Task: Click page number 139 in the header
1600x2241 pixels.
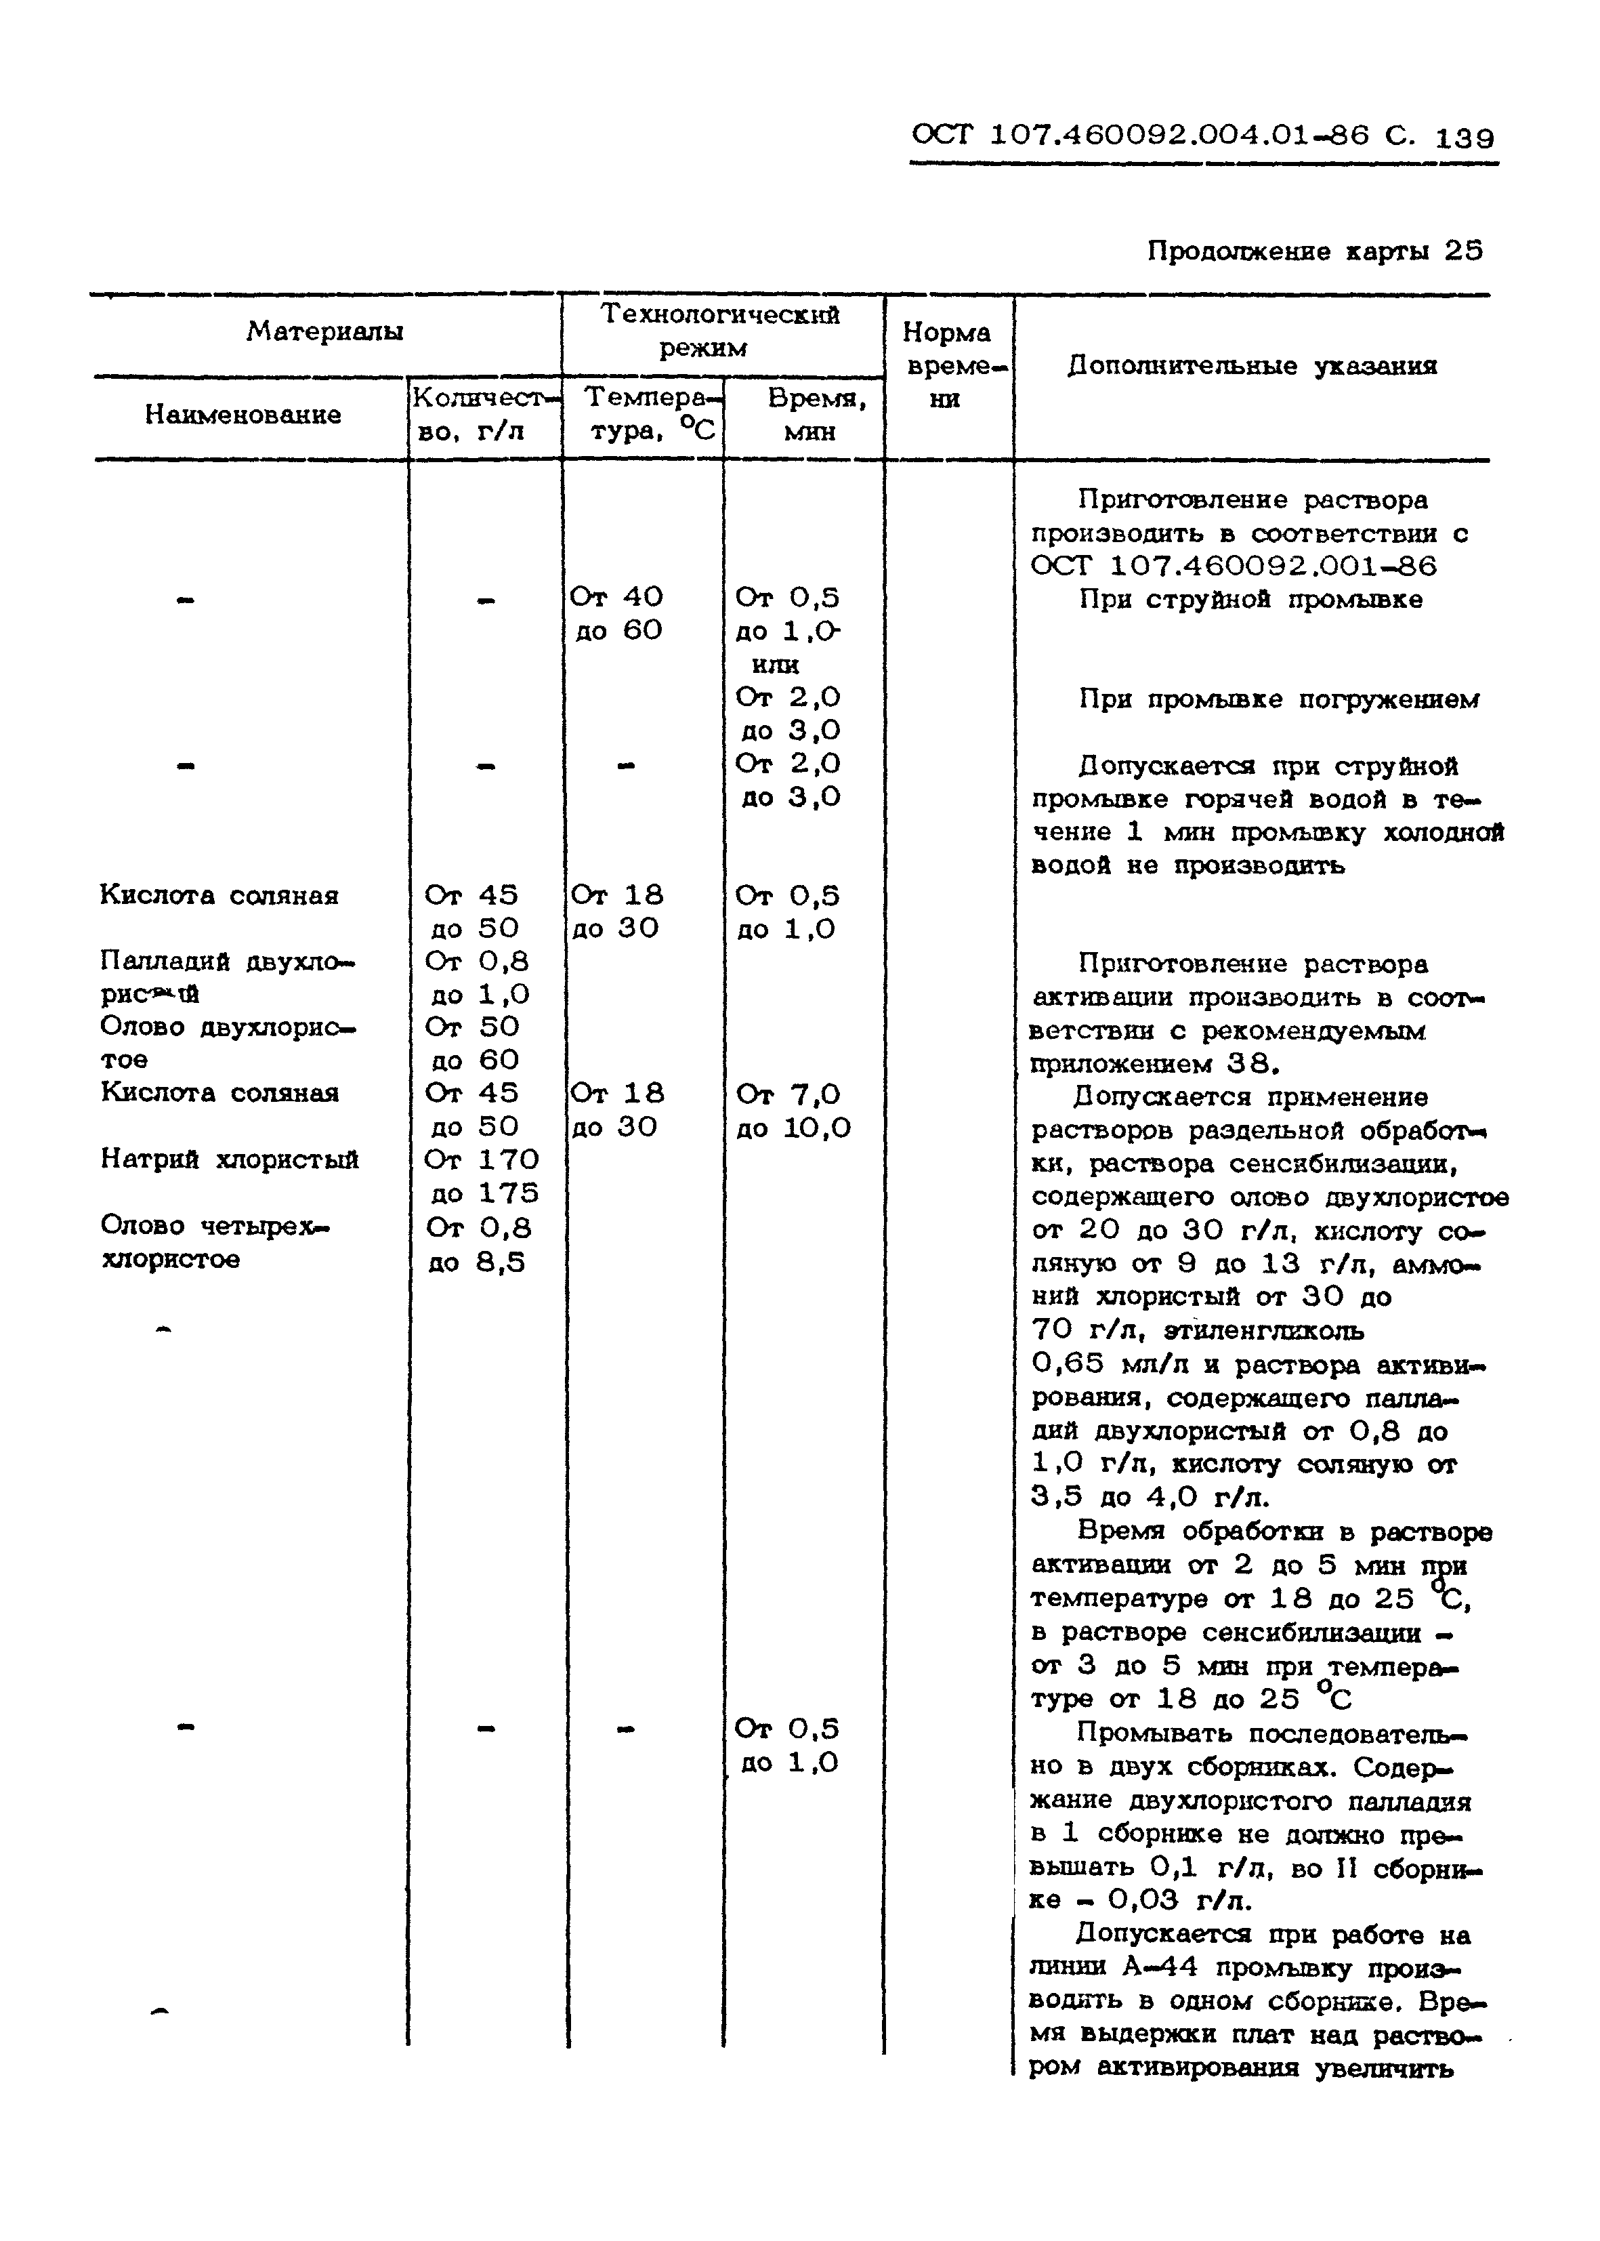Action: click(1465, 139)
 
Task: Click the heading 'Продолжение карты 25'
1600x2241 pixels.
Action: click(1314, 251)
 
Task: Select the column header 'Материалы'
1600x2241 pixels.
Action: click(324, 331)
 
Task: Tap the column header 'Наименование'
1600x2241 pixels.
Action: click(243, 415)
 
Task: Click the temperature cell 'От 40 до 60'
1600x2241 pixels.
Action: click(618, 613)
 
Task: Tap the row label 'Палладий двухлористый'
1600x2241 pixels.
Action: click(227, 976)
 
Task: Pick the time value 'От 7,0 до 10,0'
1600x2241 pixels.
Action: click(792, 1111)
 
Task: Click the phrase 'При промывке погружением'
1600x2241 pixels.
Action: click(1278, 700)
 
